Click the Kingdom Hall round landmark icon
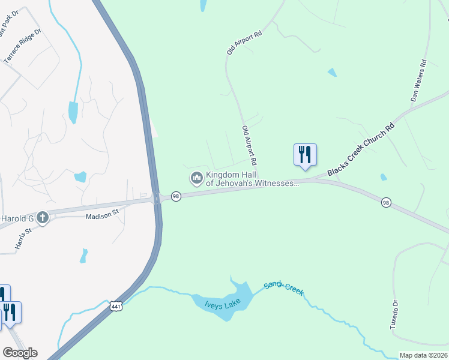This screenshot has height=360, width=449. pyautogui.click(x=196, y=178)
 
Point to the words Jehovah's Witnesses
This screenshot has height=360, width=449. pyautogui.click(x=252, y=184)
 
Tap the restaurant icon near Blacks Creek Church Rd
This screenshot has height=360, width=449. pyautogui.click(x=305, y=154)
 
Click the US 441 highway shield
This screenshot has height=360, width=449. pyautogui.click(x=116, y=305)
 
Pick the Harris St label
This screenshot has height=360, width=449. pyautogui.click(x=23, y=239)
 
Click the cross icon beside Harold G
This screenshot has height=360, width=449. pyautogui.click(x=42, y=217)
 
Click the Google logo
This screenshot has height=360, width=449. pyautogui.click(x=20, y=353)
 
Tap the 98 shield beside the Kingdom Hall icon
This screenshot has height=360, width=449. pyautogui.click(x=176, y=196)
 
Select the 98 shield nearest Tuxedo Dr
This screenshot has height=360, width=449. pyautogui.click(x=386, y=203)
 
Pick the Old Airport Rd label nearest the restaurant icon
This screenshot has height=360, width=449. pyautogui.click(x=249, y=145)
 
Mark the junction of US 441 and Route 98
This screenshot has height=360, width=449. pyautogui.click(x=157, y=199)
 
